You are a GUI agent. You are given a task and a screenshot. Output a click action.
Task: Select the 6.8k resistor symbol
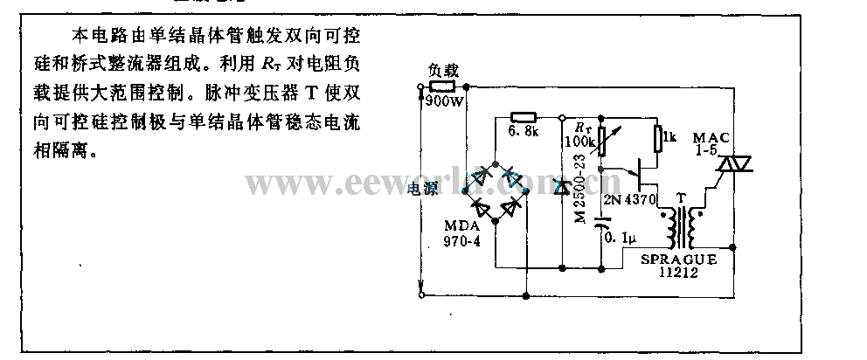(522, 116)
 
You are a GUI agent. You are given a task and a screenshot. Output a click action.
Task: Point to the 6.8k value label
(524, 132)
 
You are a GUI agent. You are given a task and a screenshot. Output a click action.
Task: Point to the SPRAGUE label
(676, 260)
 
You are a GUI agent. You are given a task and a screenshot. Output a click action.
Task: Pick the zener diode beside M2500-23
(561, 186)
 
